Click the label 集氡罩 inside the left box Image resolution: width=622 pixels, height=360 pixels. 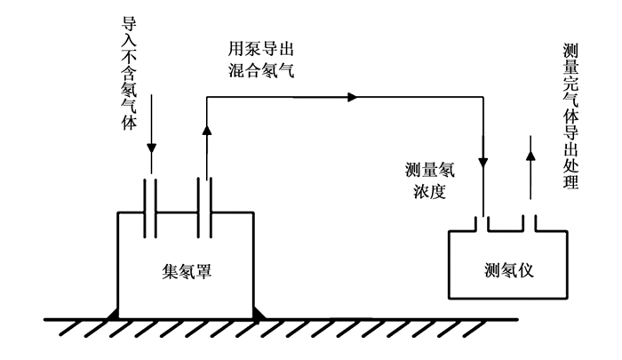click(186, 272)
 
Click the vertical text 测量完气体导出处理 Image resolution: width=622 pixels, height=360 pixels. click(570, 116)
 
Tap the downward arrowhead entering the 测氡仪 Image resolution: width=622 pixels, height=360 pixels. click(482, 163)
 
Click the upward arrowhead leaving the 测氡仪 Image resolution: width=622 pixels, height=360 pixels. click(530, 155)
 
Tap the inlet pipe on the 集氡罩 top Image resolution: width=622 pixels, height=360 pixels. click(151, 205)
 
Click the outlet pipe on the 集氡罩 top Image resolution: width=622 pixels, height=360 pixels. click(207, 205)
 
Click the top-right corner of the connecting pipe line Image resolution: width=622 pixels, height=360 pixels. click(482, 96)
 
